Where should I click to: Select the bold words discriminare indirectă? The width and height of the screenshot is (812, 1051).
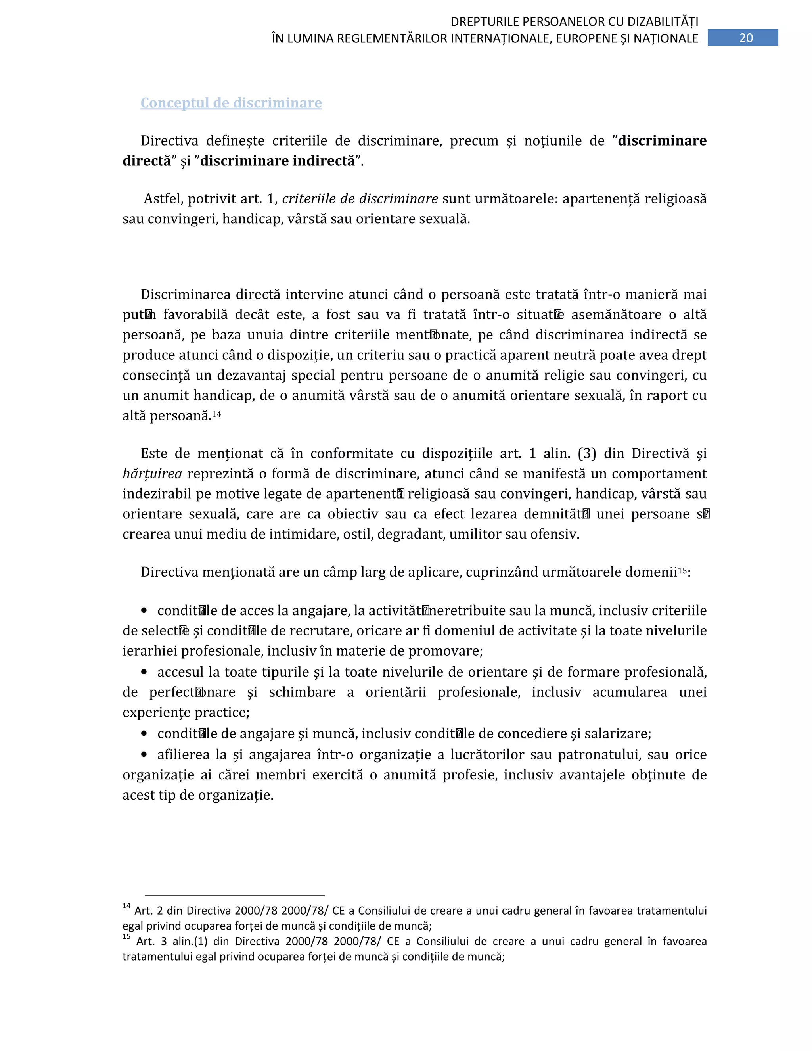pyautogui.click(x=277, y=161)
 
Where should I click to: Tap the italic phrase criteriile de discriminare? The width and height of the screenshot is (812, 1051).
pyautogui.click(x=360, y=198)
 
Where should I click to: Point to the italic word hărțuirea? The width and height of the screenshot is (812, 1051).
pyautogui.click(x=152, y=474)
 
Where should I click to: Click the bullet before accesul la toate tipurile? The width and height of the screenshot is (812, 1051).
pyautogui.click(x=144, y=671)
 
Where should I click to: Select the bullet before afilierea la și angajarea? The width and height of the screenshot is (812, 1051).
pyautogui.click(x=144, y=754)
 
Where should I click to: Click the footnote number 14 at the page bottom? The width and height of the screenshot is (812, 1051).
pyautogui.click(x=126, y=906)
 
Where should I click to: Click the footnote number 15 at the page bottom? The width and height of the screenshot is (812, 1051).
pyautogui.click(x=126, y=936)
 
